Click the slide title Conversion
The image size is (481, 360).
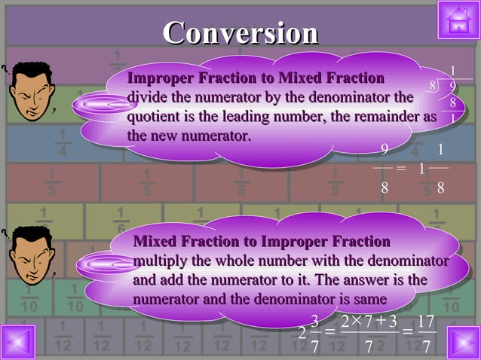pos(240,33)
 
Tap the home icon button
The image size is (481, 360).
pos(458,21)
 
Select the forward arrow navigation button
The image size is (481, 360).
pos(462,342)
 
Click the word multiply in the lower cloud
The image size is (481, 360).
pos(160,261)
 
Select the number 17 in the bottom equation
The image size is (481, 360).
pos(425,322)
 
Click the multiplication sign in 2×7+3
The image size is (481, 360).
pos(360,321)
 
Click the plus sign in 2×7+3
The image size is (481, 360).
pos(381,322)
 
